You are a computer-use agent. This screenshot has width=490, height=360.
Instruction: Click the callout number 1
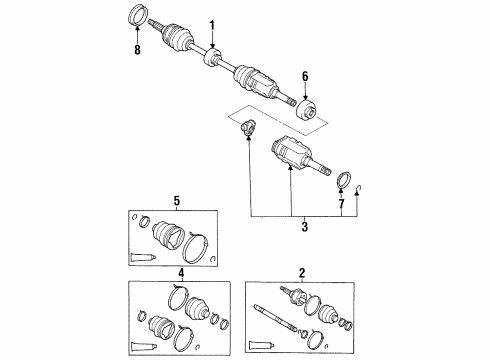[211, 25]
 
